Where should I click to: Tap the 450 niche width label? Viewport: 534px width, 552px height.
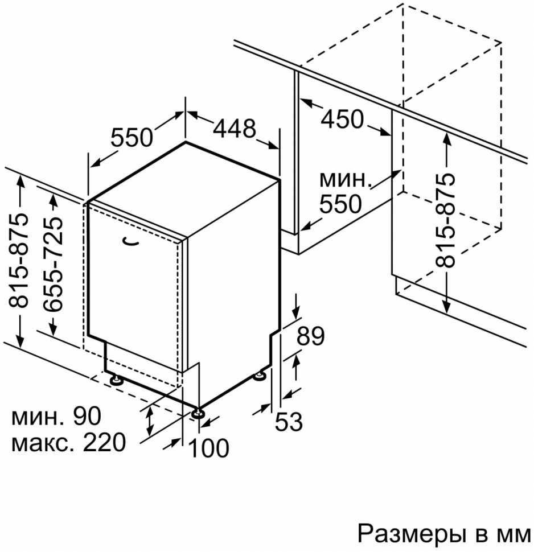coord(342,119)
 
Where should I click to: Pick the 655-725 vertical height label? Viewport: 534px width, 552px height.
coord(54,263)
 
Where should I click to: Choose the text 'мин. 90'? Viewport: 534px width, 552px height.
coord(56,417)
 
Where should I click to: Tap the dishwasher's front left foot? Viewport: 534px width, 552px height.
coord(116,379)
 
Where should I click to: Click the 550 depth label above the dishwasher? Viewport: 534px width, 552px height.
coord(132,137)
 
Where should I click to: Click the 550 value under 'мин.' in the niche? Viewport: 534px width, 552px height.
coord(341,204)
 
